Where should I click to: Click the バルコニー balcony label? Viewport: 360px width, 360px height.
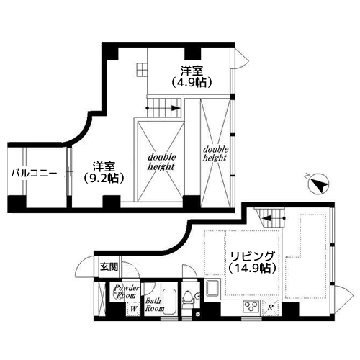35,173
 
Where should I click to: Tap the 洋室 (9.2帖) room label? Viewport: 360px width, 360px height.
104,172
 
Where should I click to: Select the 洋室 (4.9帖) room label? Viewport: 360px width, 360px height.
192,76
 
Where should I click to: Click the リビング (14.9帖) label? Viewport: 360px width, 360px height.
252,262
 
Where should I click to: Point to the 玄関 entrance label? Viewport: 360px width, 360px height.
109,266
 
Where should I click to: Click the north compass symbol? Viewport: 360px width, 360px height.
318,184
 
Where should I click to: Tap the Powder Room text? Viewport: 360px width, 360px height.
126,292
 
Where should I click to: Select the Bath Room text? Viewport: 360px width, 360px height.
155,305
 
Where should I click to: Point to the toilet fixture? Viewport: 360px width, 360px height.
189,298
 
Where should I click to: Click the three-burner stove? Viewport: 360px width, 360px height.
251,306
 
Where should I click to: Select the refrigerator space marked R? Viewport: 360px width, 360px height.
270,307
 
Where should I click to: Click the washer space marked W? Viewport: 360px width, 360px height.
133,309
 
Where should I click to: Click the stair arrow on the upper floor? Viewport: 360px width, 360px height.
163,108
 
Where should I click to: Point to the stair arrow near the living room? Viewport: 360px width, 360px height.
273,218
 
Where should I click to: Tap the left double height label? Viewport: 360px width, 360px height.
161,162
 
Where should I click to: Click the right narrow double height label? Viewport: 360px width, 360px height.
215,154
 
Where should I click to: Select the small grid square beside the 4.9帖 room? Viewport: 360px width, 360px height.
141,70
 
